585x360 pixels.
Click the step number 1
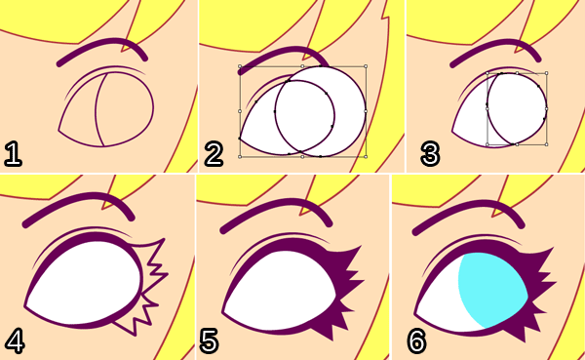[x=13, y=153]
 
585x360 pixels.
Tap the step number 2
[x=214, y=153]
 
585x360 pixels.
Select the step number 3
[x=430, y=153]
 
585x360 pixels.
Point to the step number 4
[x=15, y=340]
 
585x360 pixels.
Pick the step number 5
[x=210, y=340]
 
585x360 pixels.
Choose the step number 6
[x=416, y=340]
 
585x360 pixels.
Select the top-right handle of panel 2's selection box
[x=366, y=66]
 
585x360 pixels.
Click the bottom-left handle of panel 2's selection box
[x=240, y=157]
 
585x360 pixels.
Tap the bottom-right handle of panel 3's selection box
[x=547, y=144]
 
